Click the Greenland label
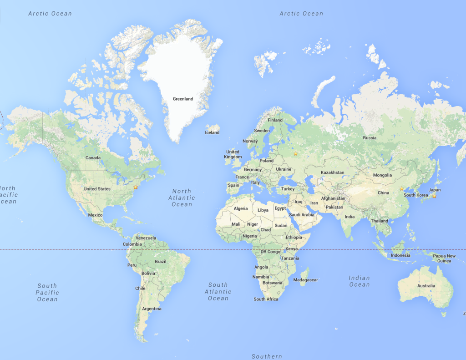click(x=183, y=99)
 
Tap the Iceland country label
click(x=212, y=132)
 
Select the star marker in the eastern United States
click(x=135, y=187)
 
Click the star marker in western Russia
click(x=295, y=154)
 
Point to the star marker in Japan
click(x=434, y=196)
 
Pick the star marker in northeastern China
click(x=401, y=189)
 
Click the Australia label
click(x=426, y=286)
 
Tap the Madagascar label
click(x=306, y=280)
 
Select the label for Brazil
click(x=161, y=262)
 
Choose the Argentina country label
click(x=152, y=309)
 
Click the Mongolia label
click(x=382, y=175)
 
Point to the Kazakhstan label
click(x=332, y=172)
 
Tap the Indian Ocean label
click(x=360, y=281)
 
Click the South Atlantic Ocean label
click(x=218, y=291)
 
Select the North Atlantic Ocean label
click(x=182, y=198)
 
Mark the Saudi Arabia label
click(x=301, y=214)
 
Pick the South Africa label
click(x=266, y=299)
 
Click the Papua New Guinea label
click(x=444, y=259)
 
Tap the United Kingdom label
click(x=233, y=154)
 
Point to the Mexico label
click(x=95, y=215)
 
